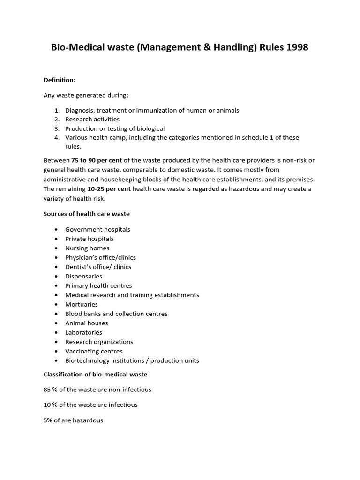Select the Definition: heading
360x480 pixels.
pos(60,80)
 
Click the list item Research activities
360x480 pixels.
pos(92,119)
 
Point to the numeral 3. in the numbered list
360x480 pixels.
pos(57,128)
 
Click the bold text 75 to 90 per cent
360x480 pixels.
pos(97,160)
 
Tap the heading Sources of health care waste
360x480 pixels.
pos(87,214)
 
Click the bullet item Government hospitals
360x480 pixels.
pos(97,229)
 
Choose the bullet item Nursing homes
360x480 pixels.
pos(87,248)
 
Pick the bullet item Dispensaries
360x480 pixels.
pos(83,276)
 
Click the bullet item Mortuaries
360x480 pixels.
pos(82,304)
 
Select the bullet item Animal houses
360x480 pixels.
pos(87,323)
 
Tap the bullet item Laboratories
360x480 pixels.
pos(83,332)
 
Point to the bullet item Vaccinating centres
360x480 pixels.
pos(94,351)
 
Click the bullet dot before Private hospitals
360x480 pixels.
pos(56,239)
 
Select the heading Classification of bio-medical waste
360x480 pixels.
pos(95,374)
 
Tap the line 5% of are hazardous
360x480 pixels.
pos(73,420)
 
